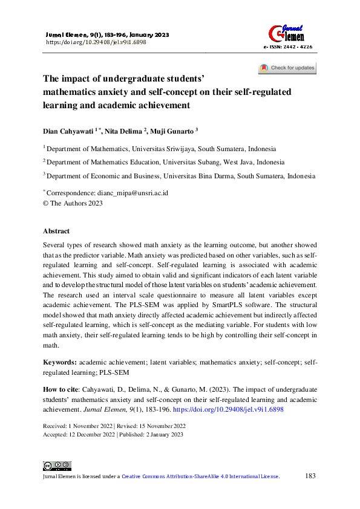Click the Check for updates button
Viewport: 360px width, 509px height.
coord(287,68)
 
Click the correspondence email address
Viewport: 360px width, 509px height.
coord(133,193)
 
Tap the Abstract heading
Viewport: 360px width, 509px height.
coord(56,231)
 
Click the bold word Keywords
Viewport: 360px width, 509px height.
coord(59,362)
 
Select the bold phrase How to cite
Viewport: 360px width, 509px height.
coord(61,389)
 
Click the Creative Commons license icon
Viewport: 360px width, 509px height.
coord(57,465)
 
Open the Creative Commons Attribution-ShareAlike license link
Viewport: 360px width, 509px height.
coord(200,477)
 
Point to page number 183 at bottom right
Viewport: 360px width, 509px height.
coord(310,476)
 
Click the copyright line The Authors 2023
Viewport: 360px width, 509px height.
coord(73,203)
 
